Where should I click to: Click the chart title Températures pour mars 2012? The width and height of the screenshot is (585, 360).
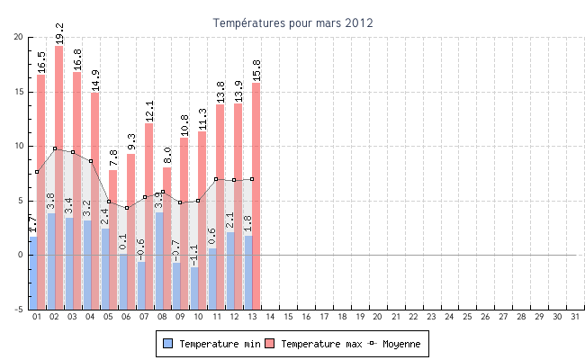coord(292,22)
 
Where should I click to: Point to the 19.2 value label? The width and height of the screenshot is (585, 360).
coord(59,33)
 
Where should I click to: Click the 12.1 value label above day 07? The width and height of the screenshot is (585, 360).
coord(149,110)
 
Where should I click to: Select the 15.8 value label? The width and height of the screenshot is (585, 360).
coord(256,70)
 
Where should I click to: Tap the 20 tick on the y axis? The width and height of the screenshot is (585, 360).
coord(19,37)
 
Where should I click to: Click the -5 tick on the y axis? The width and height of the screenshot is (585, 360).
coord(19,310)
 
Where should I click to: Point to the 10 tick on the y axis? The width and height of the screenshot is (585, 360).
coord(19,146)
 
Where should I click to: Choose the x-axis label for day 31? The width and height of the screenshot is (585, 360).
coord(574,317)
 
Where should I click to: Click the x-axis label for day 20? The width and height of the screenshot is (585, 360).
coord(377,317)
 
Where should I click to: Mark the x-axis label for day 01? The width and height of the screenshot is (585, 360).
coord(37,317)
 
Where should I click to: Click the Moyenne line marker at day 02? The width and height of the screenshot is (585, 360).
coord(55,148)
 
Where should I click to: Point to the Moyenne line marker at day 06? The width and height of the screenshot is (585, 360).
coord(127,208)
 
